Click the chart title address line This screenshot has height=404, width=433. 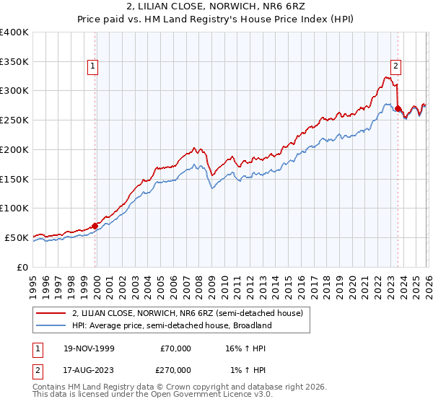pyautogui.click(x=216, y=6)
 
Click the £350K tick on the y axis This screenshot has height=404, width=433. pyautogui.click(x=14, y=62)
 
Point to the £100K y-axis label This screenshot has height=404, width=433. pyautogui.click(x=14, y=208)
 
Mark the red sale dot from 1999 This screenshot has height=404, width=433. pyautogui.click(x=95, y=226)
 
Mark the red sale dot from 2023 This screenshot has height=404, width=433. pyautogui.click(x=398, y=109)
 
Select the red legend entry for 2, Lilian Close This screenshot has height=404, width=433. pyautogui.click(x=191, y=313)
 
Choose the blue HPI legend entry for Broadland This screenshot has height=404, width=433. pyautogui.click(x=172, y=325)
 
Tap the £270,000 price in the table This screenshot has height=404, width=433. pyautogui.click(x=175, y=369)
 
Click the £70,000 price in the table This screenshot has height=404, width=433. pyautogui.click(x=175, y=348)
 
